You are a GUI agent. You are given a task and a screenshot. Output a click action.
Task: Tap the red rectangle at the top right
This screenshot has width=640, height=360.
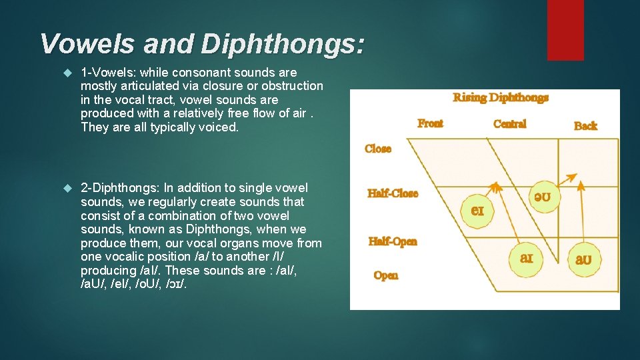point(565,30)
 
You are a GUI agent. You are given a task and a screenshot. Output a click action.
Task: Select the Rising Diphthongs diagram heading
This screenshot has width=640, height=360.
point(501,98)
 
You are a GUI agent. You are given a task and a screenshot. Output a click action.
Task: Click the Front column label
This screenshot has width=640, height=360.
point(430,123)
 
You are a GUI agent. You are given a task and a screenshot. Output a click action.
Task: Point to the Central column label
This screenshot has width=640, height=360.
point(509,124)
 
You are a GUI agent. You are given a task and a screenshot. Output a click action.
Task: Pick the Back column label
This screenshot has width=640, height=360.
point(585,125)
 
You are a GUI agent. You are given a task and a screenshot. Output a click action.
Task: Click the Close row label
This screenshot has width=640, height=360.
point(378,149)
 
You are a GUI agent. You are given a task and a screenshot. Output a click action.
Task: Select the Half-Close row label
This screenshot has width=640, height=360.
point(393,193)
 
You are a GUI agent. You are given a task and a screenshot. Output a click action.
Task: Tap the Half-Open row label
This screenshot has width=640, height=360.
point(393,241)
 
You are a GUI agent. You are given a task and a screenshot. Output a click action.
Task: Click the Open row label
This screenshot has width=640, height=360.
point(386,275)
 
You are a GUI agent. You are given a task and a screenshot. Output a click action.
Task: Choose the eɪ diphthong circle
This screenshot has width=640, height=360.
point(477,210)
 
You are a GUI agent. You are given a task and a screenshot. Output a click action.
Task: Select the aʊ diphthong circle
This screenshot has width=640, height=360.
point(583,259)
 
